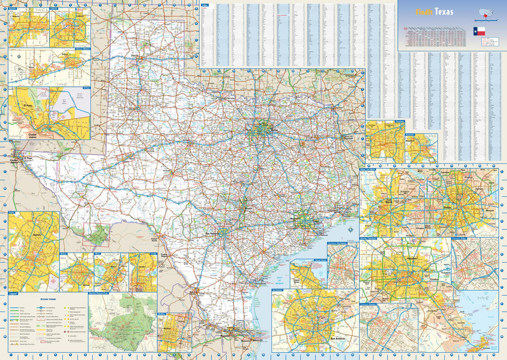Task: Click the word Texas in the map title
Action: tap(445, 12)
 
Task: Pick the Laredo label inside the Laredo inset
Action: tap(142, 268)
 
